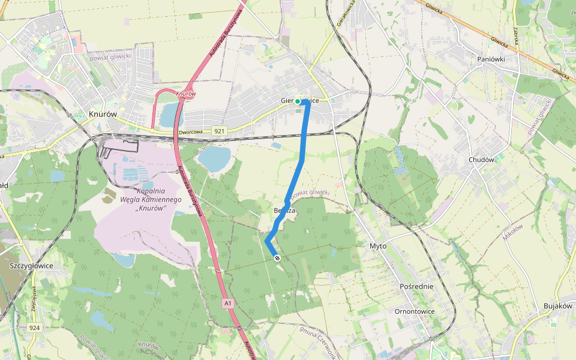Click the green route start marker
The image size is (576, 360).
click(298, 101)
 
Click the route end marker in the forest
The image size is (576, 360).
click(277, 258)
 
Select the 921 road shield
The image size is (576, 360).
click(219, 130)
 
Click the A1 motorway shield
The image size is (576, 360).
click(228, 304)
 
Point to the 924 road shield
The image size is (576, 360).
click(34, 328)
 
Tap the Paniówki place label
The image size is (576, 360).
click(491, 59)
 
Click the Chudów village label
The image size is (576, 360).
click(481, 160)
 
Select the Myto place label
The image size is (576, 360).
click(378, 246)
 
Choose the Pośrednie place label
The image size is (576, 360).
click(416, 287)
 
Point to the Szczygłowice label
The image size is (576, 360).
click(32, 265)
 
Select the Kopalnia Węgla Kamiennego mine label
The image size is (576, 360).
click(151, 200)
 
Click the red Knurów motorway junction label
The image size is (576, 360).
click(186, 94)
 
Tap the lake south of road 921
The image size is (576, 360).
click(214, 158)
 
